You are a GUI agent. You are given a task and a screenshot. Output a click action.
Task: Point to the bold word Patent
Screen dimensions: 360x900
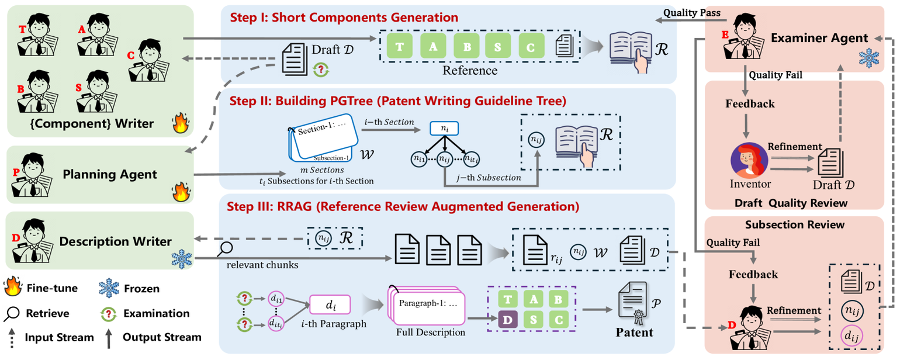click(x=634, y=333)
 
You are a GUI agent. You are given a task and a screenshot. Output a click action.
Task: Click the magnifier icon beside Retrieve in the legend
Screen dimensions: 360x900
click(x=13, y=313)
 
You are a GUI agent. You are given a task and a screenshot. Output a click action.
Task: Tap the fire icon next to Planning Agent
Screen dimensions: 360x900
click(x=179, y=191)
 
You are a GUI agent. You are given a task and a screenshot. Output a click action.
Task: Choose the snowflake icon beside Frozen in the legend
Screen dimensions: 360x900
click(x=109, y=289)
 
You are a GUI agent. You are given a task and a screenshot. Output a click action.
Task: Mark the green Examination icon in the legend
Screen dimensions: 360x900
click(x=109, y=314)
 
